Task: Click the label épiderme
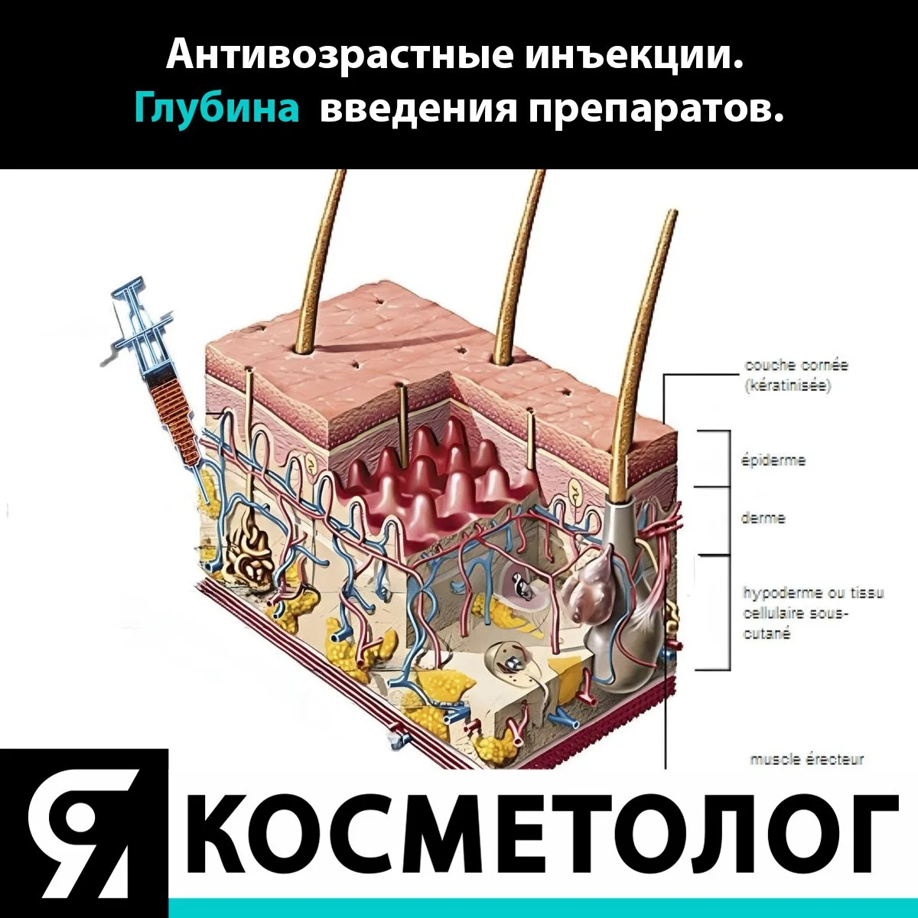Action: (x=773, y=461)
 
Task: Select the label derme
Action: (x=763, y=518)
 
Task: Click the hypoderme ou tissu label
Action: (x=813, y=593)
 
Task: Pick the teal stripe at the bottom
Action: (x=543, y=909)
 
